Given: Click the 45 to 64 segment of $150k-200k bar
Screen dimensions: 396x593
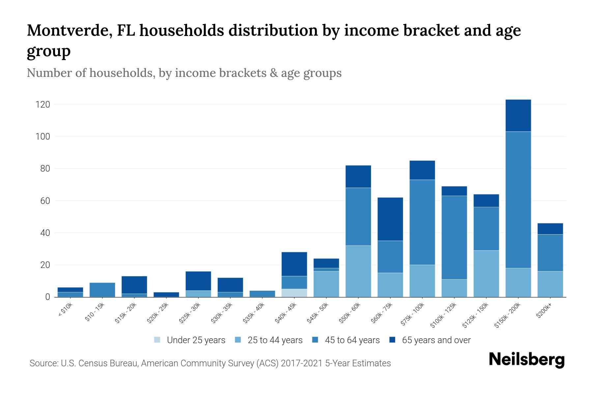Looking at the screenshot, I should tap(518, 200).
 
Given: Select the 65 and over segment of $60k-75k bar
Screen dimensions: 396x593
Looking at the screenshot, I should tap(390, 219).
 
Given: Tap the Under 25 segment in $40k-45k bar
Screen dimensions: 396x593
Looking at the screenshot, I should tap(294, 293).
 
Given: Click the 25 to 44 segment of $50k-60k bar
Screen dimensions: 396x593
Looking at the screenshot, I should tap(358, 271).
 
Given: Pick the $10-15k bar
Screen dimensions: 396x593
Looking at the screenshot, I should tap(102, 290).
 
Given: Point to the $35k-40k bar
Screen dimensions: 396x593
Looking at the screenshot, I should tap(262, 294).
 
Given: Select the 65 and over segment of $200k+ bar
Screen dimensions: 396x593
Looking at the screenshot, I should tap(550, 229).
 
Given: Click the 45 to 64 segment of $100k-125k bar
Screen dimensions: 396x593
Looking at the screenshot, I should tap(454, 238).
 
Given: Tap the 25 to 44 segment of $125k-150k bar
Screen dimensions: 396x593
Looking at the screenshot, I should tap(486, 274).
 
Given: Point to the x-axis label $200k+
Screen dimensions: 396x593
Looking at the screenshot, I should tap(544, 311).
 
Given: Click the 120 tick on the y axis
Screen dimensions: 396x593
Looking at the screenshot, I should tap(43, 105).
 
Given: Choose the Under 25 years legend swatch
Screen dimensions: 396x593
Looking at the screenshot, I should tap(157, 340).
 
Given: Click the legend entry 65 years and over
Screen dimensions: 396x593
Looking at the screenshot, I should tap(436, 340).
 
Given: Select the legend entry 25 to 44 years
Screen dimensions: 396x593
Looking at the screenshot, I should tap(275, 340).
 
